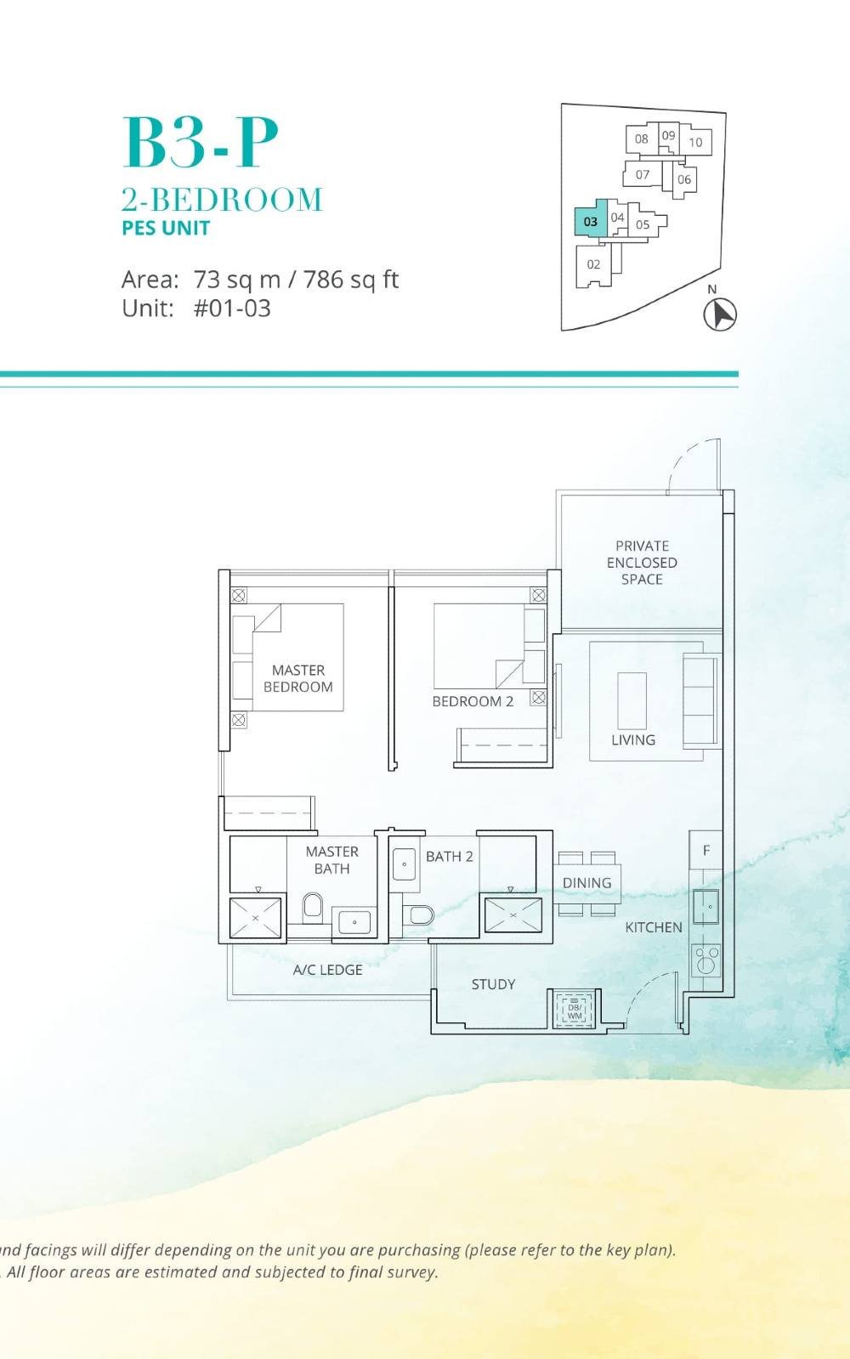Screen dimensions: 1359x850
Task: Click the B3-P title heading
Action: click(201, 143)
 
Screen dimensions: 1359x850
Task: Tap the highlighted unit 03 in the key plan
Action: click(590, 221)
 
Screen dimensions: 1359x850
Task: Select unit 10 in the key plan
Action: click(695, 142)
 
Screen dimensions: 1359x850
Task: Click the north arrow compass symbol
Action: click(720, 314)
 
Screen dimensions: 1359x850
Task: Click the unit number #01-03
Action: click(232, 309)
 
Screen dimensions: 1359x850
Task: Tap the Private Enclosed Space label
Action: click(642, 563)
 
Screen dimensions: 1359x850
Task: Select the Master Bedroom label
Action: click(297, 678)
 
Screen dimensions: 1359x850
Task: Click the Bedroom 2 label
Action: click(473, 701)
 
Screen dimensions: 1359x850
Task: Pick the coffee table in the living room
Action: click(632, 699)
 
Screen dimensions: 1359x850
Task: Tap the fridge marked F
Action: click(705, 850)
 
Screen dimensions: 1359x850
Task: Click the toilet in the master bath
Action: click(313, 908)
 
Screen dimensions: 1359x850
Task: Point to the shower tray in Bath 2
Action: click(513, 915)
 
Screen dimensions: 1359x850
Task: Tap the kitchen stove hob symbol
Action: click(706, 960)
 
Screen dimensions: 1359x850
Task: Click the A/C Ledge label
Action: click(327, 970)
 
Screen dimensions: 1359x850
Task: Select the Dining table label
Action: click(586, 883)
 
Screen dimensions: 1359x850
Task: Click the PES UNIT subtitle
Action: click(166, 228)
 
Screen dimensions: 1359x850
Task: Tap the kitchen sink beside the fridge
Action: click(706, 907)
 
